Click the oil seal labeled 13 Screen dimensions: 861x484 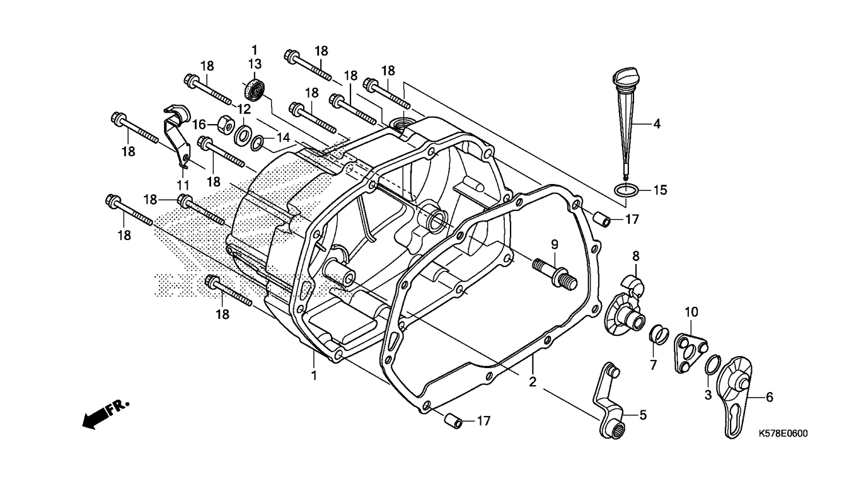coord(253,90)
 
